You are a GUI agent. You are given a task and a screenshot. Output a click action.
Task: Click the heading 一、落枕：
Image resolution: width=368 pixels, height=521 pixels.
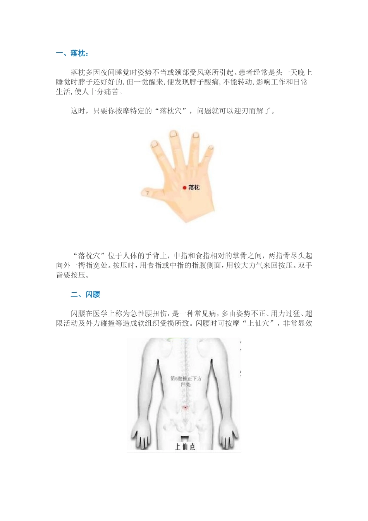point(72,53)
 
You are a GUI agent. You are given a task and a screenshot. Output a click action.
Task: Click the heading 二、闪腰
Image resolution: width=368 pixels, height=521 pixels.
point(85,295)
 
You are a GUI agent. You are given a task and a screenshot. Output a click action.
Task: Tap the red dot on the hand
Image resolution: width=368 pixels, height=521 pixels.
point(184,188)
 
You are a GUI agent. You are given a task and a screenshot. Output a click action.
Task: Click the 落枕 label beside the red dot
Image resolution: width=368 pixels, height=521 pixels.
point(194,188)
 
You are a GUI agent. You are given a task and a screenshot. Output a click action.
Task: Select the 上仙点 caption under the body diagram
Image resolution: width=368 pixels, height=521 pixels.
point(185,447)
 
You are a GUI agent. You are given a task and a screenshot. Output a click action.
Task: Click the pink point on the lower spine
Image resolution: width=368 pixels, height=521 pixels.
point(185,407)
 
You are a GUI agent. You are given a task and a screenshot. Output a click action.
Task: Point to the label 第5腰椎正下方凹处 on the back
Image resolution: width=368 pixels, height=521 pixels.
point(186,381)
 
